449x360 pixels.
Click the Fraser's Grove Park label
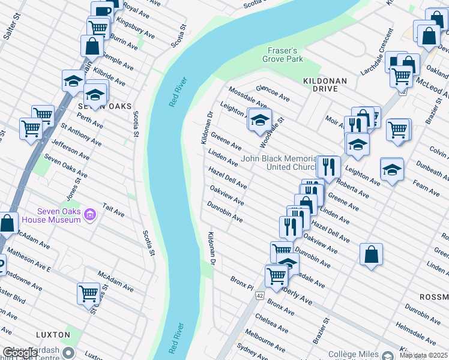point(283,55)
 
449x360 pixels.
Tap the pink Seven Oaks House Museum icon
point(90,214)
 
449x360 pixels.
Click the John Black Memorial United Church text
point(279,163)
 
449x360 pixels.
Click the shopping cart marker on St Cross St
point(88,293)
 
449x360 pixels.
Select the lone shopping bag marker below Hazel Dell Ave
point(372,254)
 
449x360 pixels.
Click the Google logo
point(20,353)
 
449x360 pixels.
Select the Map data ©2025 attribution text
point(423,356)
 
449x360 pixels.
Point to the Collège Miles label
point(359,355)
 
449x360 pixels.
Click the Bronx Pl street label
point(243,284)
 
